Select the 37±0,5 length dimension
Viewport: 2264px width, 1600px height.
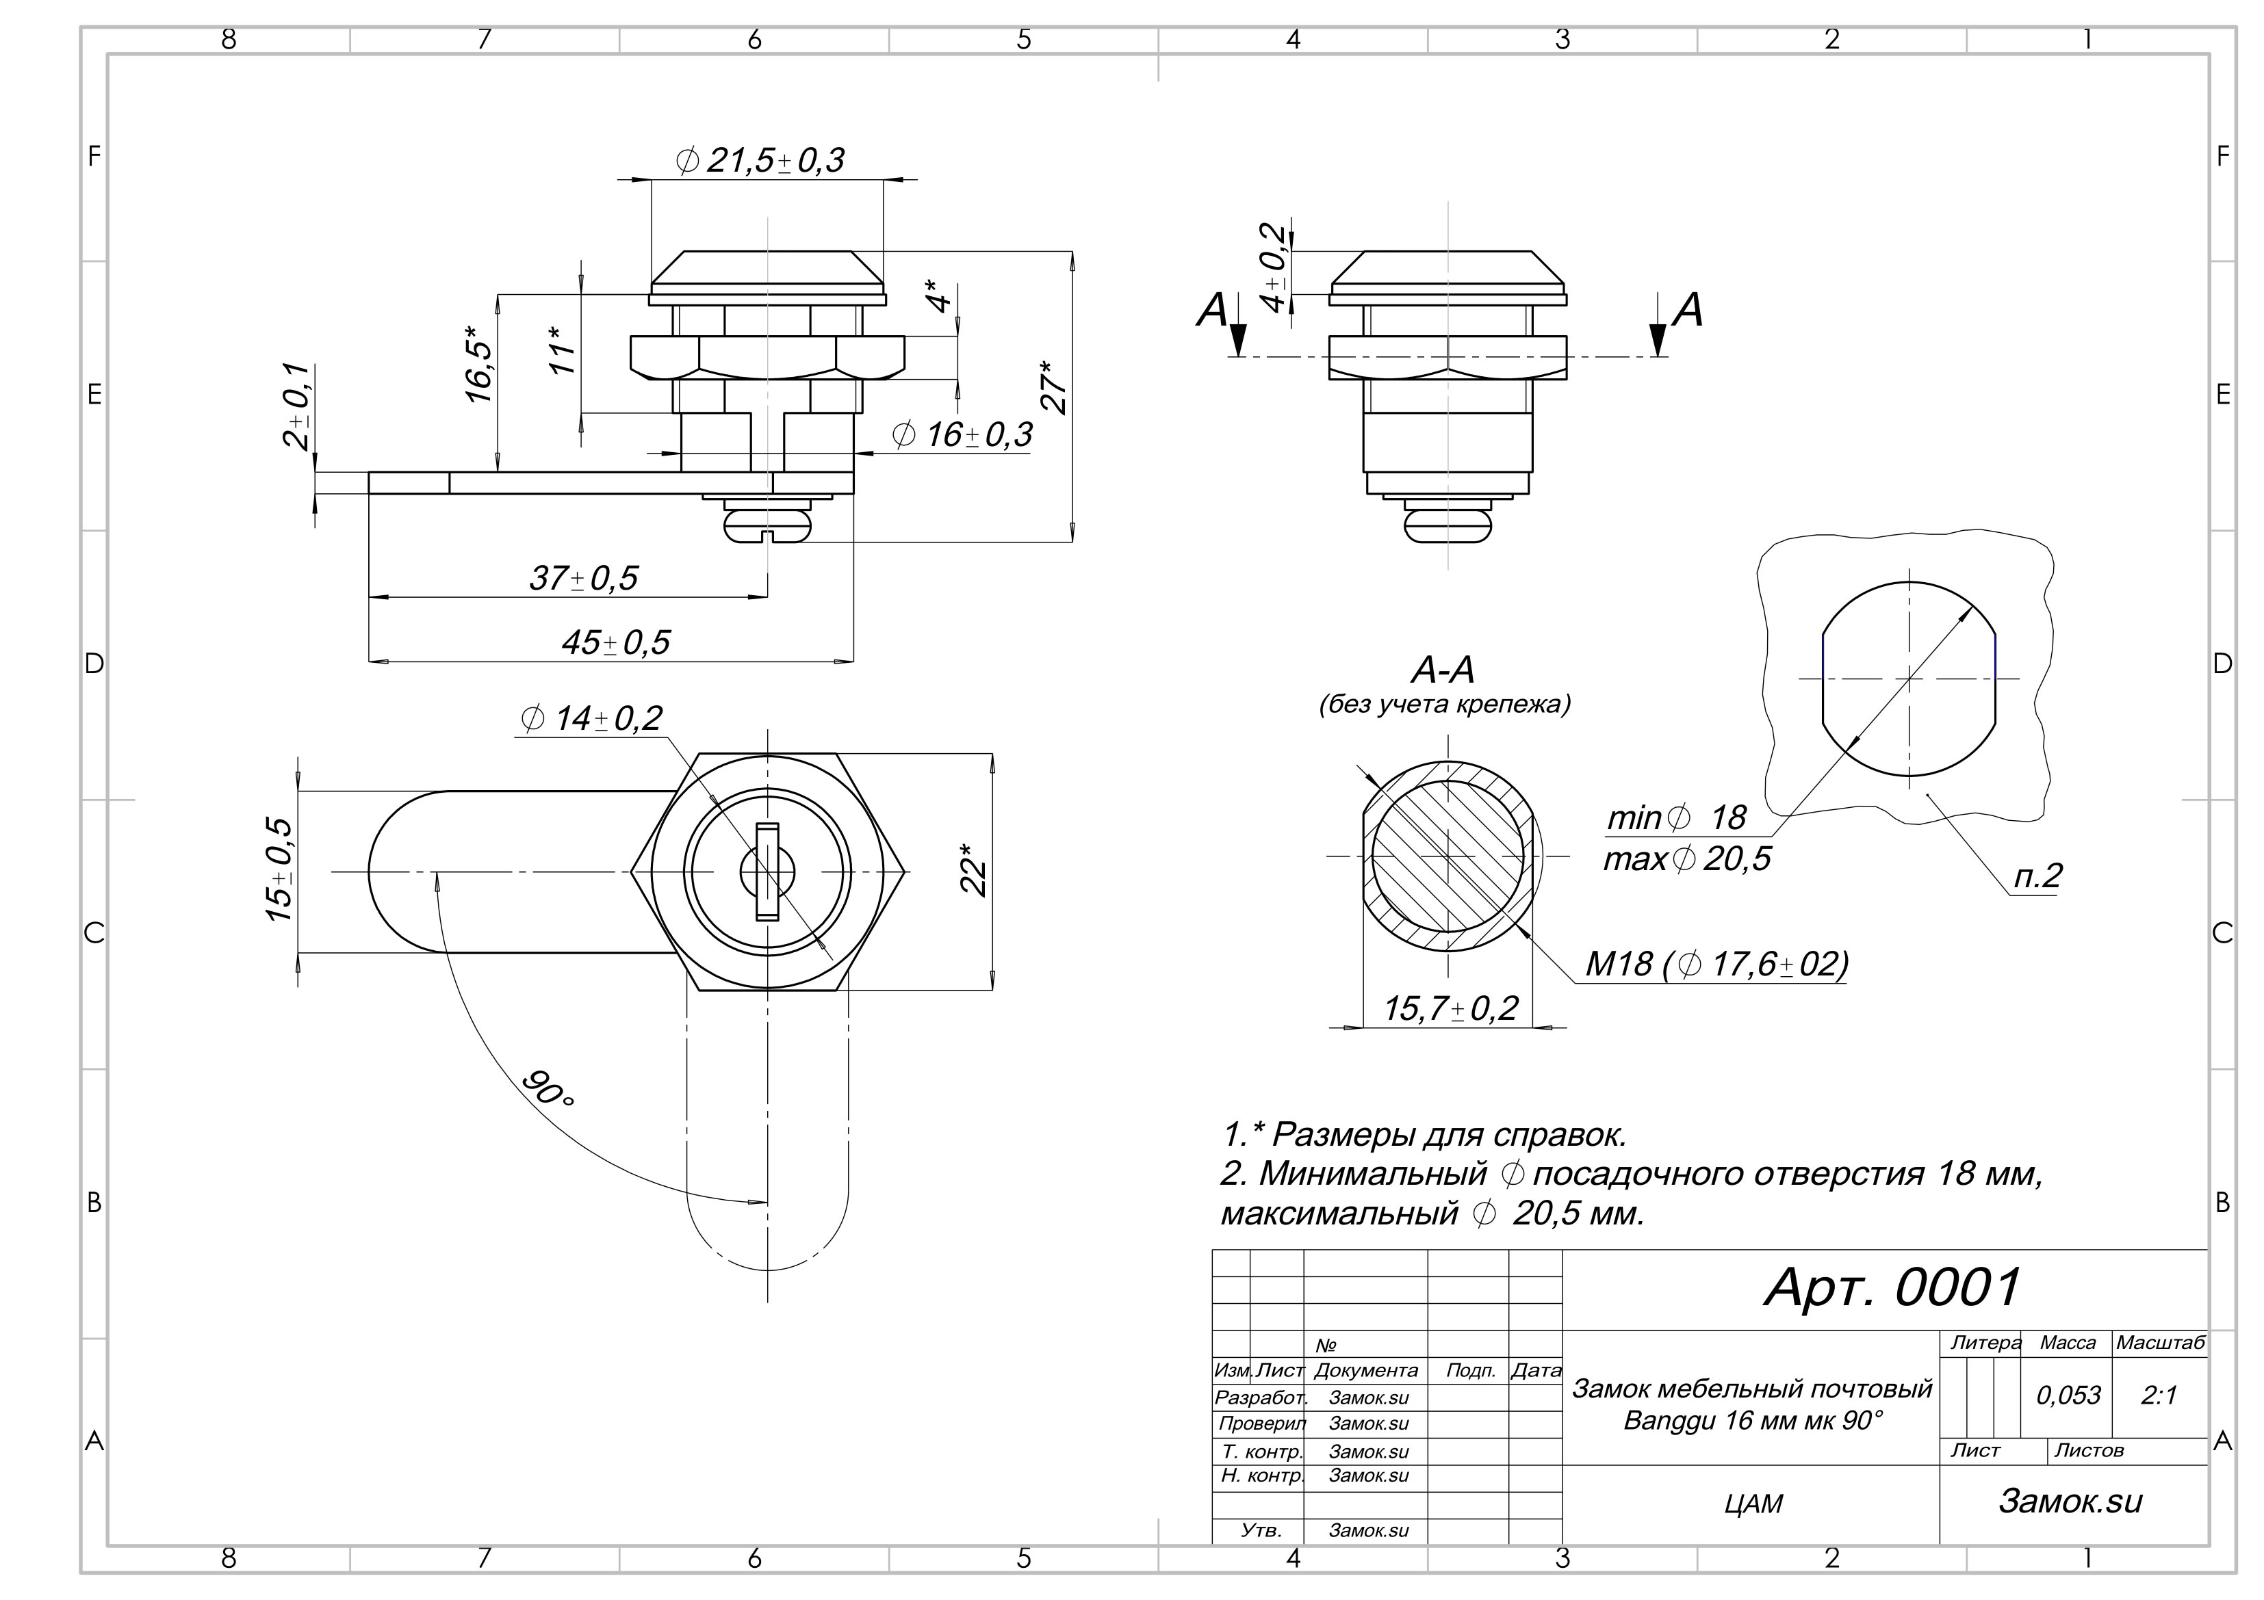tap(584, 578)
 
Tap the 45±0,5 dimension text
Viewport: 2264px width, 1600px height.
tap(615, 643)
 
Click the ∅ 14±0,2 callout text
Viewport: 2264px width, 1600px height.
tap(591, 719)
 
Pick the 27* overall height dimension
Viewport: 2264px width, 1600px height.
tap(1054, 386)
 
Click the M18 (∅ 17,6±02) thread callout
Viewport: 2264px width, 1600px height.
tap(1716, 963)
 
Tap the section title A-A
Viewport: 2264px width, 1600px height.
tap(1443, 671)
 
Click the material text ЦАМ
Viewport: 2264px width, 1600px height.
tap(1754, 1504)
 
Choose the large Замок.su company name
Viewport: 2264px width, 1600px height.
tap(2071, 1500)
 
